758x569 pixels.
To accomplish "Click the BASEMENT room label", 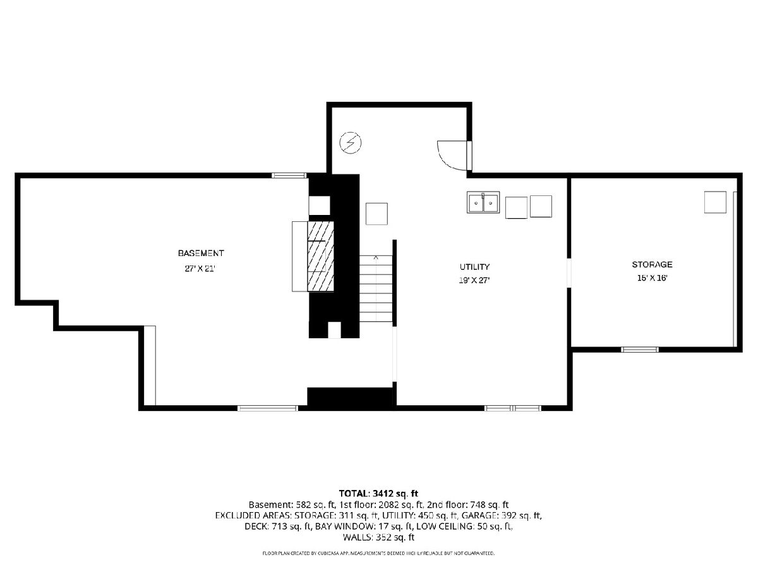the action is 201,254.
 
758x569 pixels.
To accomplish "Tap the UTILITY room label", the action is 474,267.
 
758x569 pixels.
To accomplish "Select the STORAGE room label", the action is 652,265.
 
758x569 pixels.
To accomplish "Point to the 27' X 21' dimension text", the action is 200,269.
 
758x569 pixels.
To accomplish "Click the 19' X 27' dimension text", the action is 474,280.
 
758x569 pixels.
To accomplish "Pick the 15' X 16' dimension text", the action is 652,278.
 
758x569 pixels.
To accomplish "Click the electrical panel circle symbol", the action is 351,143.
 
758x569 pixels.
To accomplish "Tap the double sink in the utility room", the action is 483,202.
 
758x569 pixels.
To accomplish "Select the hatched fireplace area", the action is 320,256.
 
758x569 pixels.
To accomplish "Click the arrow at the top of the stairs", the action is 376,257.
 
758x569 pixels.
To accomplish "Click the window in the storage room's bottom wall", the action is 639,350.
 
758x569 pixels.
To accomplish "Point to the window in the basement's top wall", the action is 289,176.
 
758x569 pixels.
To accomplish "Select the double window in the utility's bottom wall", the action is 513,408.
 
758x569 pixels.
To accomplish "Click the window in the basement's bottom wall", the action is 268,408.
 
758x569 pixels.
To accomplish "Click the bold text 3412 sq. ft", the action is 394,493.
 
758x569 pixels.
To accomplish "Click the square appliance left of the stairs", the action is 376,214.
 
